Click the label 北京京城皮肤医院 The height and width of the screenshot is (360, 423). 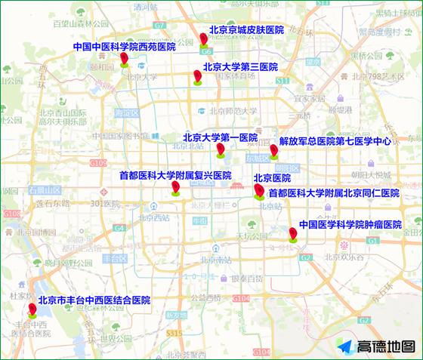coord(245,29)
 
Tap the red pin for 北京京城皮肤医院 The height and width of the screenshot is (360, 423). coord(203,39)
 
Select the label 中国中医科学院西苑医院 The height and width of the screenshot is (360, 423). coord(124,47)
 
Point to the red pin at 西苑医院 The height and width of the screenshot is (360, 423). coord(124,60)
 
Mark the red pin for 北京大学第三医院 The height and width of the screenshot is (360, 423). coord(197,77)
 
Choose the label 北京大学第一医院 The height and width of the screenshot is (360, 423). coord(220,137)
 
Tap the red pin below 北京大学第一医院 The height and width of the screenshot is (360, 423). coord(220,149)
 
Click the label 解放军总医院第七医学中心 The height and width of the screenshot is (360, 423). coord(335,140)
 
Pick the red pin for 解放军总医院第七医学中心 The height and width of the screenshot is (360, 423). coord(273,152)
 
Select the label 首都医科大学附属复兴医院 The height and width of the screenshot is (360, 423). coord(174,175)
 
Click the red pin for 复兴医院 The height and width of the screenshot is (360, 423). coord(175,188)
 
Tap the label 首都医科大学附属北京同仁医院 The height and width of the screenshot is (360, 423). coord(333,193)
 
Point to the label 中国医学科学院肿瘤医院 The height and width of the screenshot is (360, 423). coord(350,225)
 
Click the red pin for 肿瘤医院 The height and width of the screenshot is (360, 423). coord(292,234)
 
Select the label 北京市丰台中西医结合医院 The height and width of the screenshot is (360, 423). coord(94,300)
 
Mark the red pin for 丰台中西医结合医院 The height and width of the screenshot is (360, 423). coord(32,309)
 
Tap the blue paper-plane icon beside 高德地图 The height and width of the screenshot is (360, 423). coord(344,346)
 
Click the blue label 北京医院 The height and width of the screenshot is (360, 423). coord(272,178)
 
